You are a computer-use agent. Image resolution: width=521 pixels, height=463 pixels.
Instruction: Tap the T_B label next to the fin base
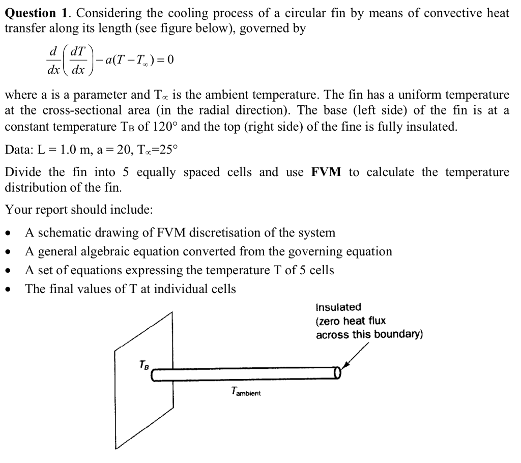[x=144, y=365]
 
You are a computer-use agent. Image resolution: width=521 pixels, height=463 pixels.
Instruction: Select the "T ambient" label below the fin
[x=246, y=392]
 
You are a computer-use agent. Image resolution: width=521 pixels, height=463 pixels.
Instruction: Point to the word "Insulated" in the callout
[x=338, y=307]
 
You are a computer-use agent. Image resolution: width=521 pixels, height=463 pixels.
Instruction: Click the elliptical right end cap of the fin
[x=336, y=374]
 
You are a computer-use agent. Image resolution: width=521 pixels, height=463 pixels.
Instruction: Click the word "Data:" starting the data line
[x=20, y=150]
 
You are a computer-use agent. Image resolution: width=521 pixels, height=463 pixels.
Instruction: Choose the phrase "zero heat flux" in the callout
[x=351, y=321]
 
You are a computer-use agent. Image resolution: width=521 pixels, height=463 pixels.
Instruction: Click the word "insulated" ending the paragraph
[x=432, y=126]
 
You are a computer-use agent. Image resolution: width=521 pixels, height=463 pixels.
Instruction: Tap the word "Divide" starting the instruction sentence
[x=22, y=172]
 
